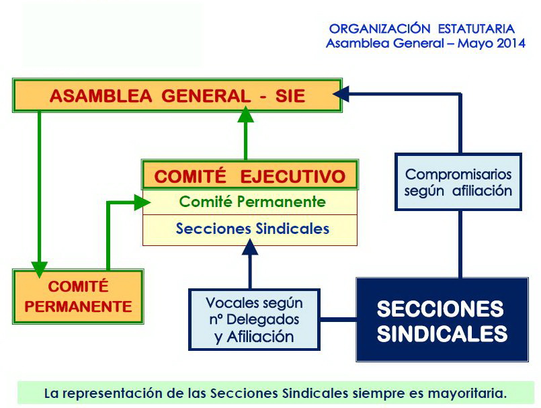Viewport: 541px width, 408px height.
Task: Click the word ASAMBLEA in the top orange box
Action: click(x=101, y=96)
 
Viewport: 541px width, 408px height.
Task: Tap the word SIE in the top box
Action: click(x=290, y=96)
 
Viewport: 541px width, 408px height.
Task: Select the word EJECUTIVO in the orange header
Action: click(x=293, y=176)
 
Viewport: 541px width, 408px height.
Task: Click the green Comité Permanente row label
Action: click(x=252, y=202)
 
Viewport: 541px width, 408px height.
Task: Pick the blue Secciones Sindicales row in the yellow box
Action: click(x=253, y=229)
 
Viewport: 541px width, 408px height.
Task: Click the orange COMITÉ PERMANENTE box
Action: click(x=78, y=296)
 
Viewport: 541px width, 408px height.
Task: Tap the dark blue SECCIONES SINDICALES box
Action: click(x=442, y=320)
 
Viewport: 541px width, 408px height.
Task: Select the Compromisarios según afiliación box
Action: click(x=458, y=182)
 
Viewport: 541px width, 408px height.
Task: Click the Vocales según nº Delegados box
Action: click(x=254, y=320)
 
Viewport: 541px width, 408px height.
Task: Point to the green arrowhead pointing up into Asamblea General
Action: click(x=246, y=114)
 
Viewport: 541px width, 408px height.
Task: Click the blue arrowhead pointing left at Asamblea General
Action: click(x=341, y=94)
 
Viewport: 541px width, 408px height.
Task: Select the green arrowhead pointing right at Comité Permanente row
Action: click(x=142, y=202)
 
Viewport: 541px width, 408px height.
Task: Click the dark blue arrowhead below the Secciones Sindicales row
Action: click(x=250, y=247)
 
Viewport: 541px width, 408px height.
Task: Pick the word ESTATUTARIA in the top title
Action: click(x=476, y=29)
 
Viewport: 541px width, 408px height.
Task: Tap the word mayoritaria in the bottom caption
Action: click(x=467, y=393)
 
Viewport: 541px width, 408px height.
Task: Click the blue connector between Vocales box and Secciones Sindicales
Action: click(x=338, y=320)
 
